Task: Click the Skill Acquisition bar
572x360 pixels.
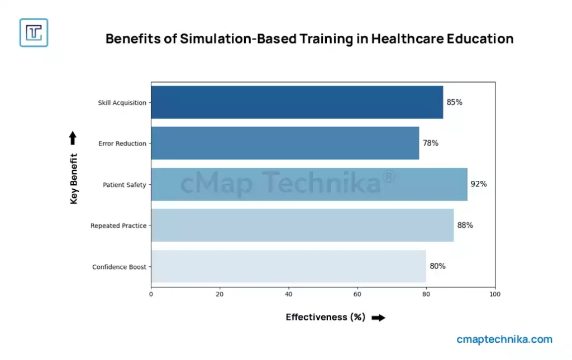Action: click(297, 102)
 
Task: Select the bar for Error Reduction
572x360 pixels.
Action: click(285, 143)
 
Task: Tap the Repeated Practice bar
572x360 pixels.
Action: click(302, 225)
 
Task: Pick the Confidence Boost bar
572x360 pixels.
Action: click(288, 266)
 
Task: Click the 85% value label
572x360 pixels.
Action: click(454, 102)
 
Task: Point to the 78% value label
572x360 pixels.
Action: click(430, 143)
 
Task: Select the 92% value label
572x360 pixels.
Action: click(479, 184)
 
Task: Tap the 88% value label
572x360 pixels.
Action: click(465, 225)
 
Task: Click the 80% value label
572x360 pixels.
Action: click(437, 266)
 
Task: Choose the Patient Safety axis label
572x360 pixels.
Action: click(125, 185)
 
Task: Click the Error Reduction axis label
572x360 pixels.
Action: click(122, 143)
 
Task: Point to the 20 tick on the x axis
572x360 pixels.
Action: click(220, 294)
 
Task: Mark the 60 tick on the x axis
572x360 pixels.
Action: click(357, 294)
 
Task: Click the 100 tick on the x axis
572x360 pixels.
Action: click(495, 294)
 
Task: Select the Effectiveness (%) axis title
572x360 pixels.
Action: click(326, 317)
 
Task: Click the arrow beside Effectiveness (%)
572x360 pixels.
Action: click(378, 318)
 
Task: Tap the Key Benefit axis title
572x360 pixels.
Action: click(74, 178)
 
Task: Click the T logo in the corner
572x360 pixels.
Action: click(34, 32)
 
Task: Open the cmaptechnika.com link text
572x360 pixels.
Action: click(504, 339)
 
